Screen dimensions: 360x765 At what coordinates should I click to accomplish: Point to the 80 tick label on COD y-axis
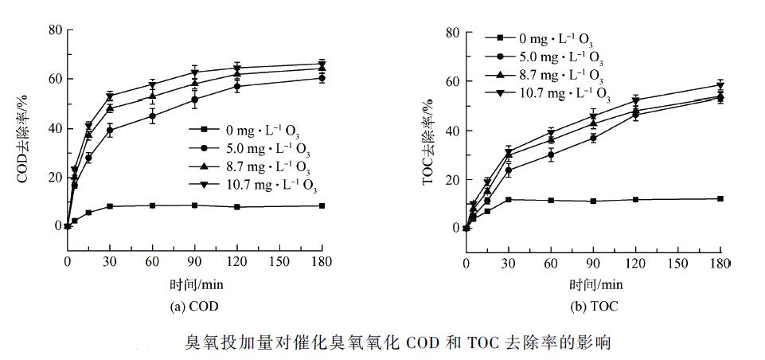[54, 30]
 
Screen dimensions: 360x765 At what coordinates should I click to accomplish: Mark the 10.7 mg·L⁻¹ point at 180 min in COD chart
[322, 64]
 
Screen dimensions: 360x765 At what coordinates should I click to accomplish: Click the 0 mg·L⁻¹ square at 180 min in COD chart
[322, 205]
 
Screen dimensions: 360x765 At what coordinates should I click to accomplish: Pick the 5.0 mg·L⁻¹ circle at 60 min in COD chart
[152, 116]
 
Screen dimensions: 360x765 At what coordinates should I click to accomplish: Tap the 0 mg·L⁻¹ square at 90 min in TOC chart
[593, 201]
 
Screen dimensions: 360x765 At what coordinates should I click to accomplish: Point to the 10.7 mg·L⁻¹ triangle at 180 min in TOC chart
[720, 85]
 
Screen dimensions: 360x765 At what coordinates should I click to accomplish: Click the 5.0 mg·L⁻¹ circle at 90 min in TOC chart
[593, 138]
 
